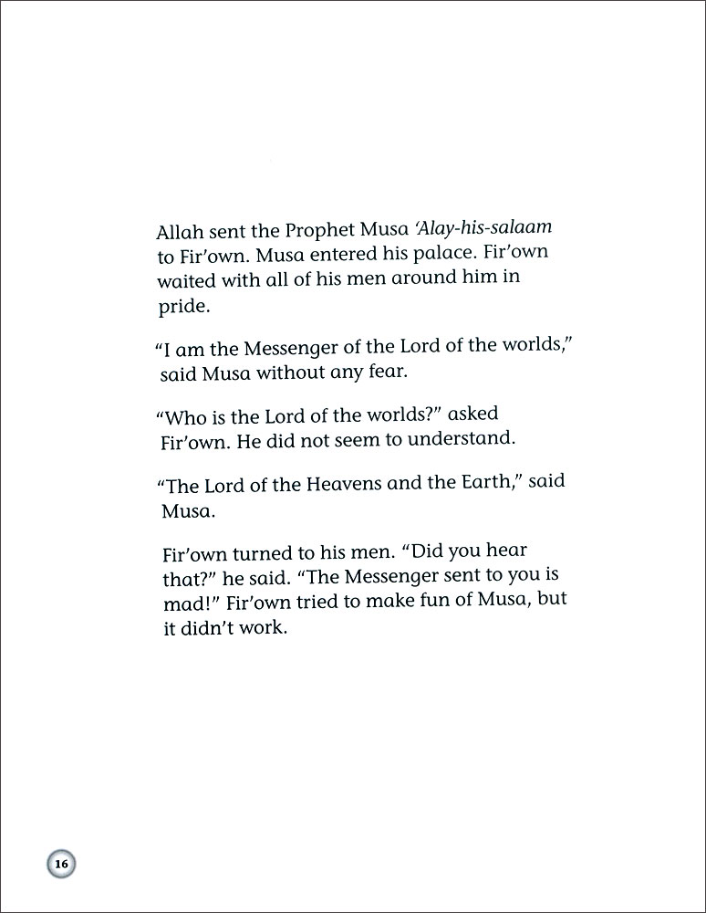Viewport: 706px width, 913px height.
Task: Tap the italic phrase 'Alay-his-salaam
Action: click(486, 226)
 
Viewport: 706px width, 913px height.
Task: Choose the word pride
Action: click(182, 306)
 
